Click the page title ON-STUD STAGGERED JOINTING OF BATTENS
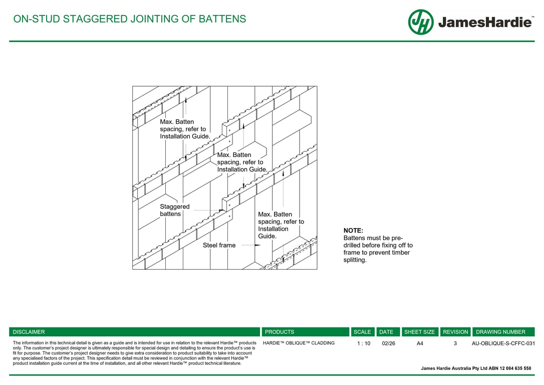tap(130, 20)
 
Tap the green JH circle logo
tap(421, 22)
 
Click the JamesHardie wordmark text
tap(484, 23)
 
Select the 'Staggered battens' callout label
tap(174, 210)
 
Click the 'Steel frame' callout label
tap(219, 246)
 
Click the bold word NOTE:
tap(353, 231)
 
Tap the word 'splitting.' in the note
tap(355, 260)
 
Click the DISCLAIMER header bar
tap(134, 332)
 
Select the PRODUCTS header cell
tap(305, 332)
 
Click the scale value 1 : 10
tap(364, 343)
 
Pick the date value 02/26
tap(388, 343)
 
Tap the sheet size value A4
tap(420, 343)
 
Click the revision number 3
tap(455, 343)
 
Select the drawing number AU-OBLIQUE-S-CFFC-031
tap(503, 343)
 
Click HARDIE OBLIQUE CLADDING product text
tap(299, 343)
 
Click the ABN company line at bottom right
tap(476, 368)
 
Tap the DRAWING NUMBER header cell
tap(503, 332)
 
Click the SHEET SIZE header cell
tap(420, 332)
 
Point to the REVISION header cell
tap(455, 332)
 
